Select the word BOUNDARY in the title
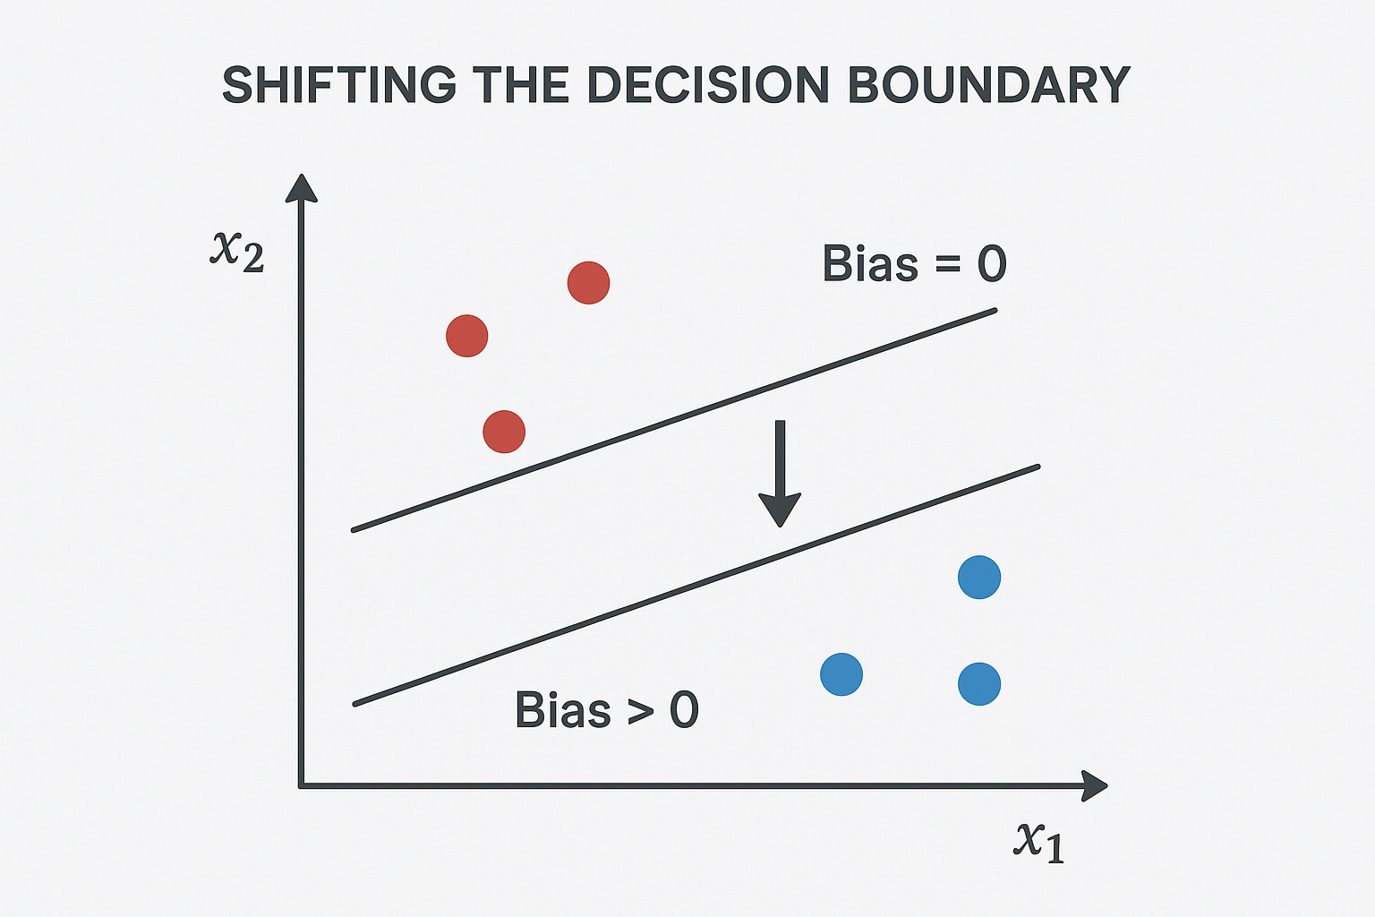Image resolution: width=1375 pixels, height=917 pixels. (988, 86)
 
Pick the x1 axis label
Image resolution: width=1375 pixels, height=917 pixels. (1039, 841)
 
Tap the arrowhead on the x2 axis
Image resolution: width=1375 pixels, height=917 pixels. (302, 188)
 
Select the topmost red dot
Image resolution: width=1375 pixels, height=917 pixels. (588, 283)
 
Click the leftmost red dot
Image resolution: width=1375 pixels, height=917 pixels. (466, 336)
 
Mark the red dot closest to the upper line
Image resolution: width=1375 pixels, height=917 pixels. (503, 432)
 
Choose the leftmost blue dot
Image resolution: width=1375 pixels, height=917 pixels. (841, 674)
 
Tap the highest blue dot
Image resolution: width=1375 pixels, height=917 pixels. (978, 578)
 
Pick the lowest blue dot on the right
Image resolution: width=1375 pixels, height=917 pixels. (978, 684)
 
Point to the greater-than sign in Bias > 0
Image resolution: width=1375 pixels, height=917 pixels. (640, 711)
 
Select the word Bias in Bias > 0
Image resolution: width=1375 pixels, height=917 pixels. (562, 710)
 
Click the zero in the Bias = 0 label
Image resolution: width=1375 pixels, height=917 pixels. (992, 264)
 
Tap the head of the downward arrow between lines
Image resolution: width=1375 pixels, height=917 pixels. (780, 510)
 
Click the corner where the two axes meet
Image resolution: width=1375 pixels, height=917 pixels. (302, 785)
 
